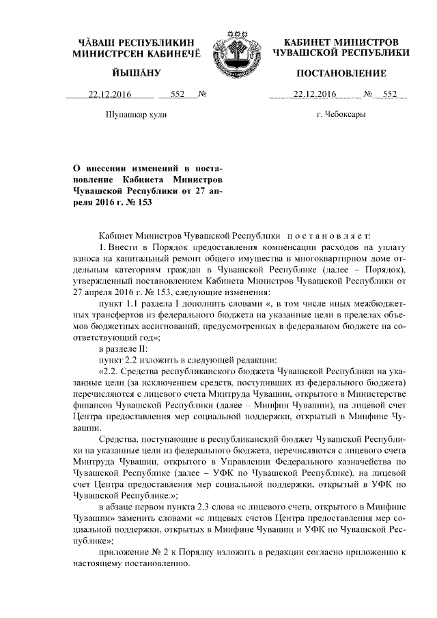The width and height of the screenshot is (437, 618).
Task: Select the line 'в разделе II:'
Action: [123, 348]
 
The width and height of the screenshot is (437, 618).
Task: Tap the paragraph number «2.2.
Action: [110, 372]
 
